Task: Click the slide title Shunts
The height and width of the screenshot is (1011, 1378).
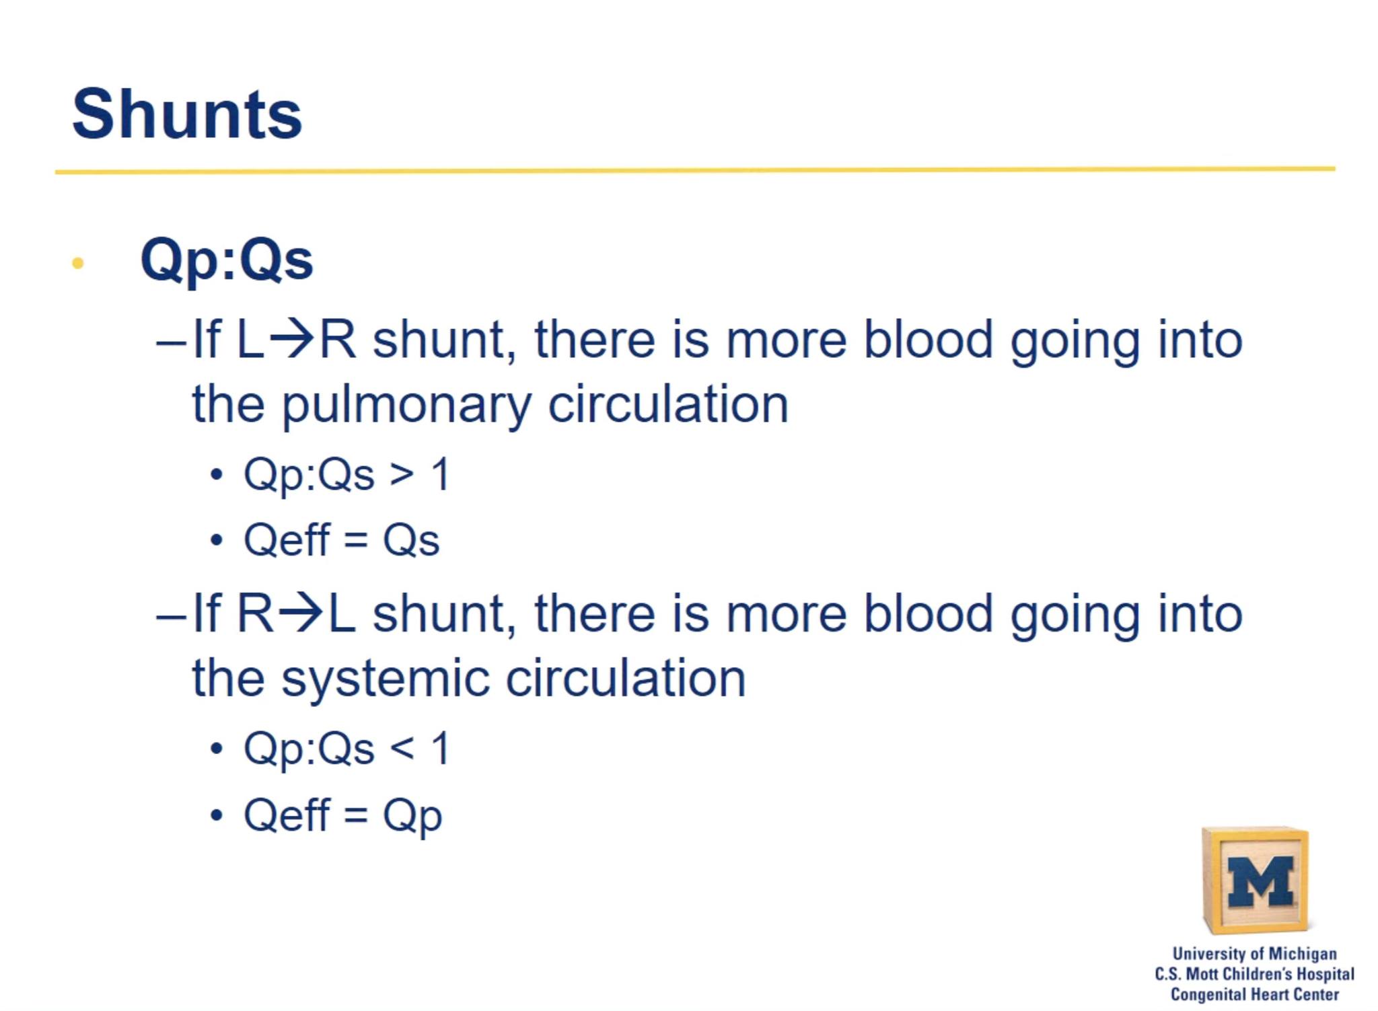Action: [187, 114]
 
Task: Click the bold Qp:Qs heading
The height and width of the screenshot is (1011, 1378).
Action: [227, 260]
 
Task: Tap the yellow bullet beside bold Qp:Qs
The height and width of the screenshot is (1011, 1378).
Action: [77, 263]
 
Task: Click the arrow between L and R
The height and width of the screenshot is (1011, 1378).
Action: [291, 340]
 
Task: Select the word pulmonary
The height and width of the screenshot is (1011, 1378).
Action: [406, 406]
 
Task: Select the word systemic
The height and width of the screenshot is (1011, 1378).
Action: [385, 679]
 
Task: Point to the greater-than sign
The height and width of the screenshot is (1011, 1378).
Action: [402, 475]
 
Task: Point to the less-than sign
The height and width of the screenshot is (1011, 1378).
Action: [402, 749]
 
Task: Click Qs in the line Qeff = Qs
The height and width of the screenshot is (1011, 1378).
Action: [411, 540]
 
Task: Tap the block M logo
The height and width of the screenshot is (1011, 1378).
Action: [1256, 879]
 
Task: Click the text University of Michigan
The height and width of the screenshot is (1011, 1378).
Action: [1254, 954]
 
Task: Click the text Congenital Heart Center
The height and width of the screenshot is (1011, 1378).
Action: [1254, 994]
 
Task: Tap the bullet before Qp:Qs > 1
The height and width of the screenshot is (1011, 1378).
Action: [216, 475]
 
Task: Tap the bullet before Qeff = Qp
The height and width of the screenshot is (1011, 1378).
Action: [216, 816]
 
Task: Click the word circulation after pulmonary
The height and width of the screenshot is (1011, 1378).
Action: [668, 404]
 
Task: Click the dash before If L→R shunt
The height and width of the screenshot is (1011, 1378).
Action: [171, 342]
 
